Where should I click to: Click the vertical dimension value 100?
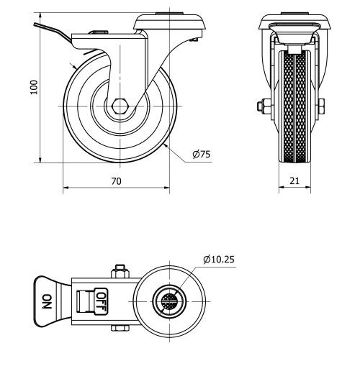tap(32, 88)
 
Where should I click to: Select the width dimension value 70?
tap(116, 182)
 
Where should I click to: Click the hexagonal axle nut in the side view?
tap(120, 105)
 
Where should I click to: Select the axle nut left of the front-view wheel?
tap(261, 106)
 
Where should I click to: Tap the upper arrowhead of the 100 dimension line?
tap(40, 16)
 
